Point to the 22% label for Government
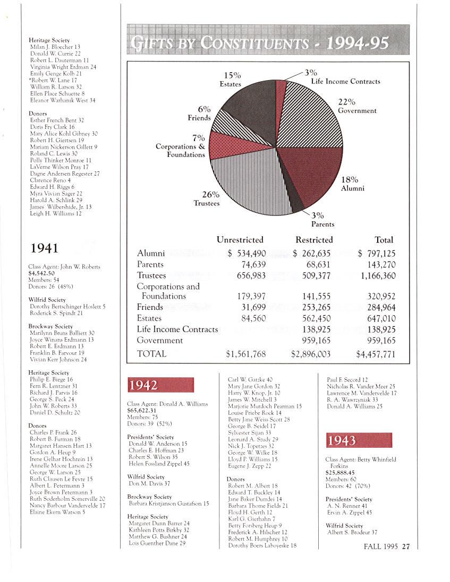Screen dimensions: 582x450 [x=346, y=102]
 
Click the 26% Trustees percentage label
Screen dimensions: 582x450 [x=210, y=195]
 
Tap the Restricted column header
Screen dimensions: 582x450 [x=314, y=240]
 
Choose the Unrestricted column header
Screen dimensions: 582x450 [x=240, y=240]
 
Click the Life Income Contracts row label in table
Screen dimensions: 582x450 [x=177, y=329]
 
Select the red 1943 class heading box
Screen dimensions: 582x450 [x=359, y=440]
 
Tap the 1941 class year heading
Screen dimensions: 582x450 [x=45, y=248]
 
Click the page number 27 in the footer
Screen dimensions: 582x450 [x=406, y=547]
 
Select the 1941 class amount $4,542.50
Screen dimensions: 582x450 [x=43, y=273]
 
